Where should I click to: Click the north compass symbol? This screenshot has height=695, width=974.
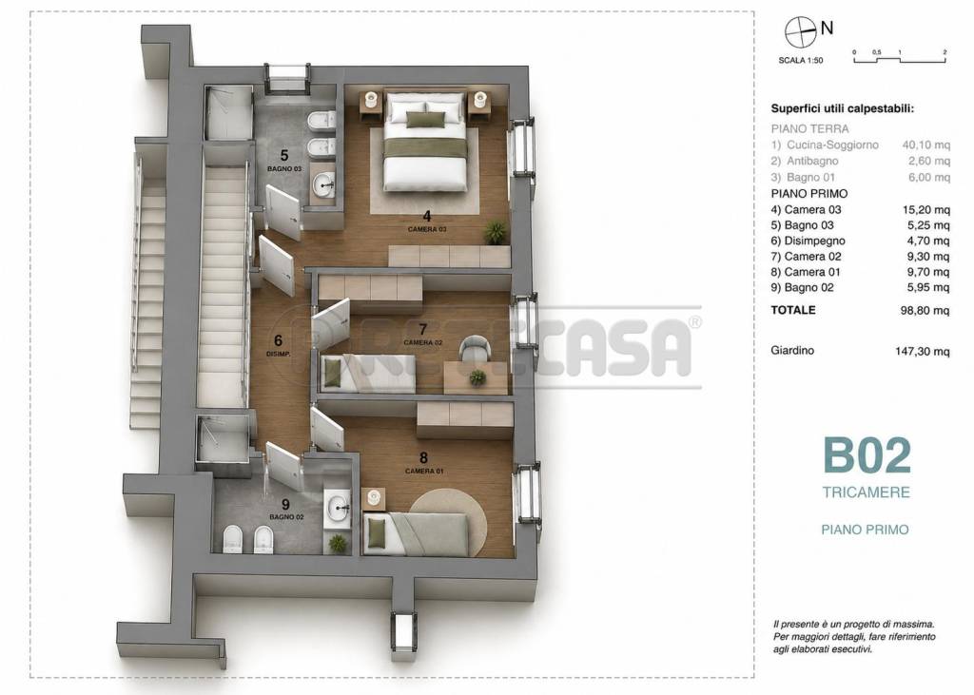(x=800, y=31)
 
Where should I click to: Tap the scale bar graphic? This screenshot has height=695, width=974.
(x=900, y=57)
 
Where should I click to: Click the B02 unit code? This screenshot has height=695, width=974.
(x=867, y=455)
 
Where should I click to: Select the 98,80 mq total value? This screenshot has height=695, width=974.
(x=925, y=310)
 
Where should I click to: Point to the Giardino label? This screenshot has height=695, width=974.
(x=792, y=350)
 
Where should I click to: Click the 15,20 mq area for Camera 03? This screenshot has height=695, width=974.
(x=926, y=210)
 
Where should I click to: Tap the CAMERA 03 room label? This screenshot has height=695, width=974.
(x=427, y=229)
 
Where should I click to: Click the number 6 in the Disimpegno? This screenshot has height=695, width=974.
(x=279, y=340)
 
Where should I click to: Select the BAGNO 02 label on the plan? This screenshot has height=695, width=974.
(x=286, y=517)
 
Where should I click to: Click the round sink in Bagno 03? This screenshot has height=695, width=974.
(x=323, y=183)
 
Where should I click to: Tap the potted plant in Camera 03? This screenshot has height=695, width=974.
(x=495, y=232)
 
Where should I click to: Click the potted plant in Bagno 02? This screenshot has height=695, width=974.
(x=338, y=544)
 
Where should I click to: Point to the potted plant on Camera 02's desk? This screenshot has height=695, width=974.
(x=477, y=377)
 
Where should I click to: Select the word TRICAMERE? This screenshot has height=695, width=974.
(x=866, y=492)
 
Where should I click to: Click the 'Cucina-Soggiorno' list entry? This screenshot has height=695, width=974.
(x=832, y=145)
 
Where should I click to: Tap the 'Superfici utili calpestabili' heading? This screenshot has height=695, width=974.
(x=843, y=108)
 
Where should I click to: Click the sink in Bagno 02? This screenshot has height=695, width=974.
(x=338, y=504)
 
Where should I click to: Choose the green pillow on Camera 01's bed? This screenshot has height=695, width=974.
(x=376, y=533)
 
